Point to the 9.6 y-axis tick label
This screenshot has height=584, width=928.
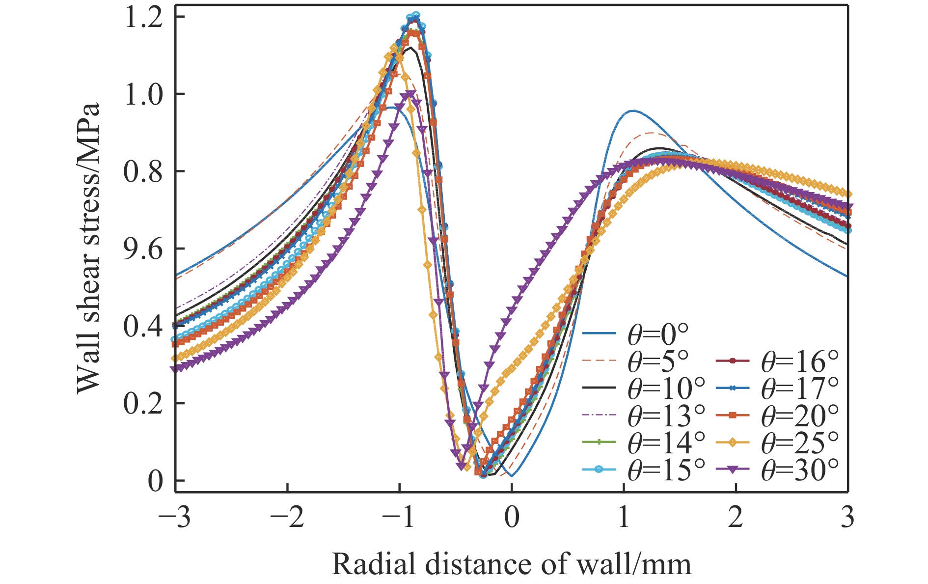tap(143, 249)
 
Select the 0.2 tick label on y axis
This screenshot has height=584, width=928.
tap(143, 404)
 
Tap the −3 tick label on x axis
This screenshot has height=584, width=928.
tap(175, 518)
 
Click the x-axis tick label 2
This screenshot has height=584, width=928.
tap(736, 518)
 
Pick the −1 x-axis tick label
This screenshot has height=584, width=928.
tap(399, 518)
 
